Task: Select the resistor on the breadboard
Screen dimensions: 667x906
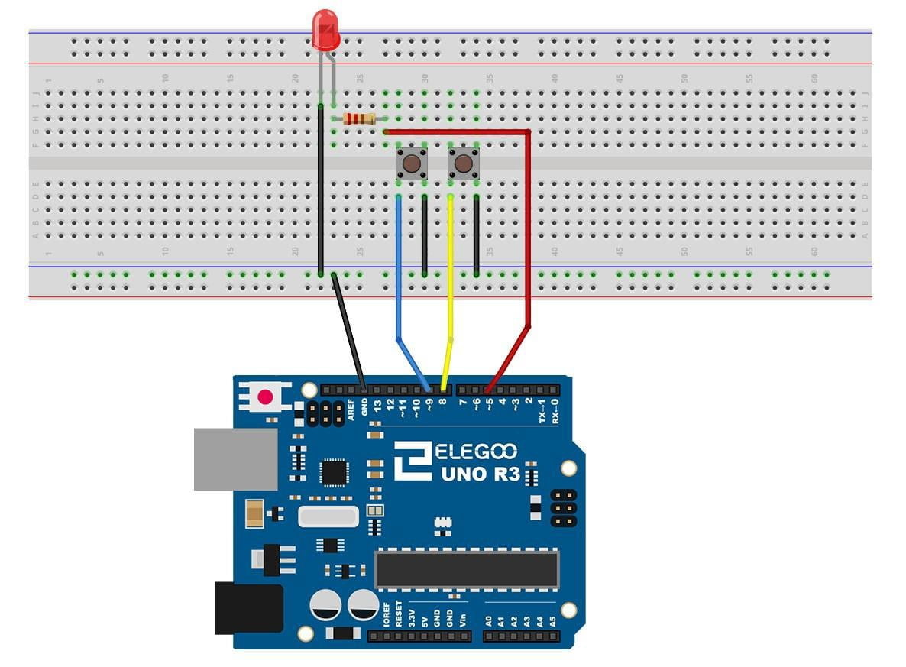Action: [x=359, y=118]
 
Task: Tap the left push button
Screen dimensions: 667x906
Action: [x=411, y=164]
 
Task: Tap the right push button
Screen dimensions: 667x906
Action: [x=463, y=164]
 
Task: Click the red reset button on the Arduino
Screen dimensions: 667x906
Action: [x=265, y=397]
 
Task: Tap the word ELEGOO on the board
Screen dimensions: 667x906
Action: [x=476, y=452]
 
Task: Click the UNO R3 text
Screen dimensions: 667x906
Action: [x=480, y=474]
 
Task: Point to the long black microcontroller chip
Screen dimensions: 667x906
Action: [x=467, y=569]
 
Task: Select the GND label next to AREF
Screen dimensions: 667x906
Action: [x=364, y=408]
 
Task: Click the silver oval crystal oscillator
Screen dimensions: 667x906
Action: [x=328, y=517]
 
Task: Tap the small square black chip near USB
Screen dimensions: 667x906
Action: [x=335, y=472]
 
